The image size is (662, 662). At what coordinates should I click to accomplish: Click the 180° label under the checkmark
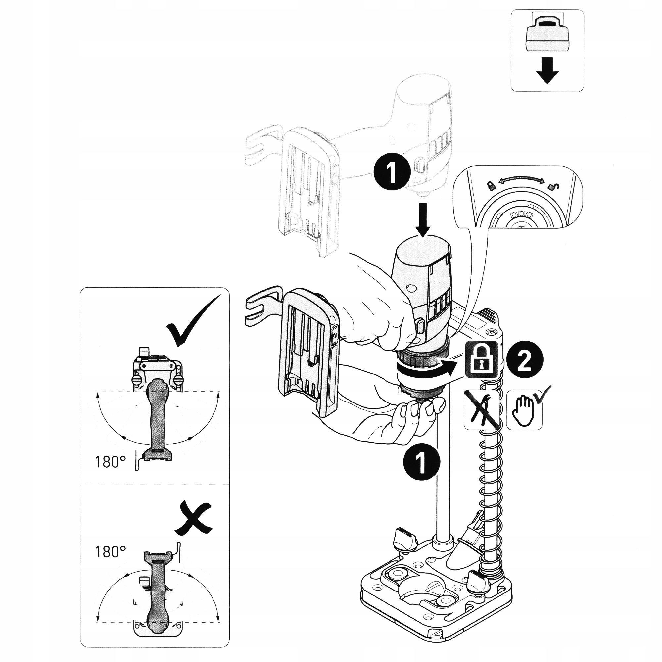(110, 462)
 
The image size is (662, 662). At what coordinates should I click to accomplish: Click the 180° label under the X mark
(110, 552)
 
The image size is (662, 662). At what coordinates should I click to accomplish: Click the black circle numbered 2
(525, 361)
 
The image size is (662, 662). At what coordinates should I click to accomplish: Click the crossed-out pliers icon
(481, 410)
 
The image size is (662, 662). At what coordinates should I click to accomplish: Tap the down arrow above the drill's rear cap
(424, 220)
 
